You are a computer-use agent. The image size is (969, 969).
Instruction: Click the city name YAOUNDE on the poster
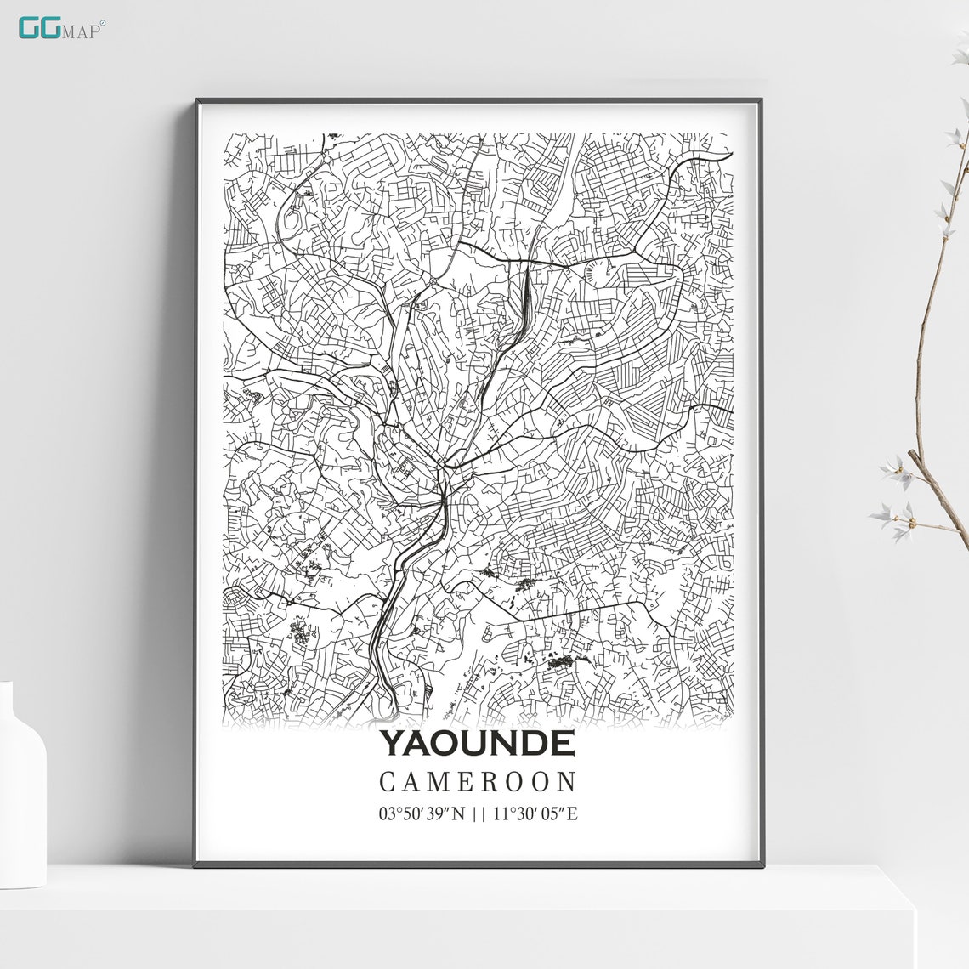click(x=477, y=743)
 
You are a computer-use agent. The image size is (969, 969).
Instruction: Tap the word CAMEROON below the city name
click(x=478, y=782)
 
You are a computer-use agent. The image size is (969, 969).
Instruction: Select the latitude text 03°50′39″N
click(x=422, y=814)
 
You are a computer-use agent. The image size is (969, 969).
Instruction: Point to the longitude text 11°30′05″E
click(x=534, y=814)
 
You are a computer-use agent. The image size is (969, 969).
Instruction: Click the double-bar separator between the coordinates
click(x=479, y=814)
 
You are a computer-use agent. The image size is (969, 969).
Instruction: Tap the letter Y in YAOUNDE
click(x=392, y=743)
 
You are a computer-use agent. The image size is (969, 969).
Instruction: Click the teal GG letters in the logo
click(x=37, y=27)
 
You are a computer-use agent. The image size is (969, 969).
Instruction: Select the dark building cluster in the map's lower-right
click(x=561, y=660)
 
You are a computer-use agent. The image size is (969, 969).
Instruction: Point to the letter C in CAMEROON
click(x=387, y=782)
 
